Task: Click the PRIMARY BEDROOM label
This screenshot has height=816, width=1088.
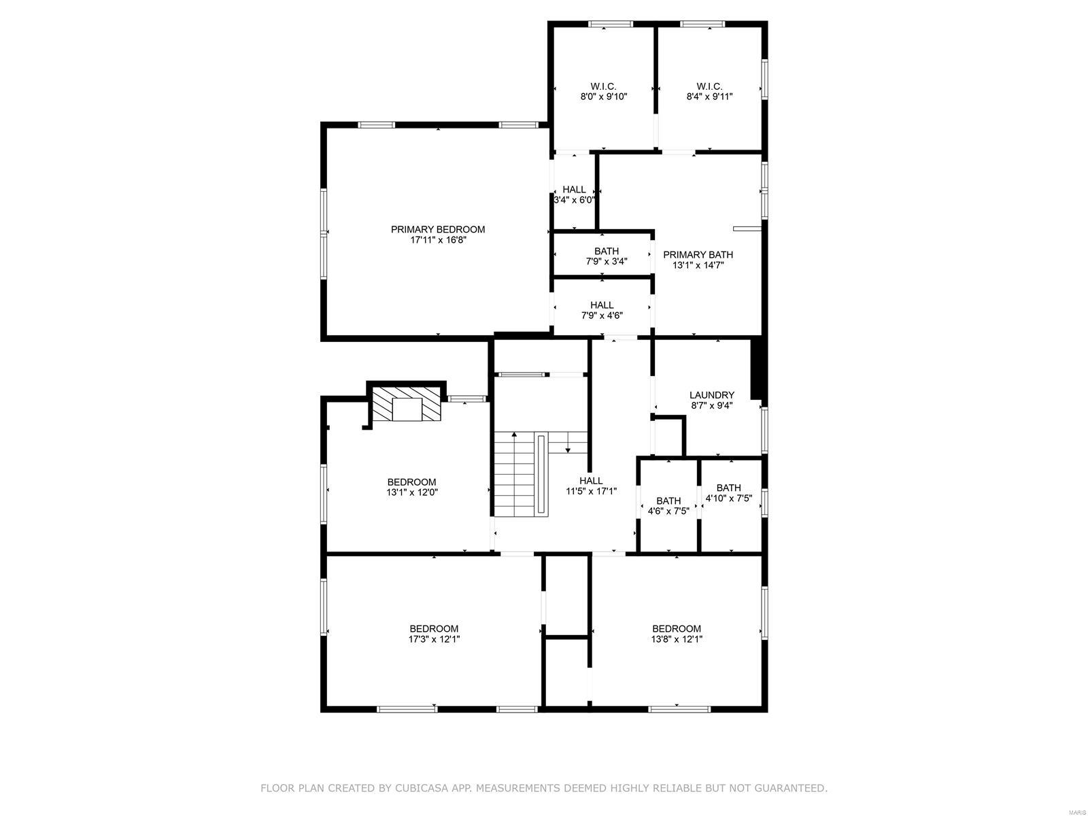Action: point(437,229)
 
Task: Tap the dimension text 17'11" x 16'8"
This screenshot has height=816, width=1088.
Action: point(437,240)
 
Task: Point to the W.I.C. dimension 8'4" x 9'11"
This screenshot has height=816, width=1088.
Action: point(709,97)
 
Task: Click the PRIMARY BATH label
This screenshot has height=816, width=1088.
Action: point(698,254)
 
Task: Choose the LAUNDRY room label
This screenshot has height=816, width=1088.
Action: point(711,394)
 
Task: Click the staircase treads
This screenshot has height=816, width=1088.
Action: point(514,476)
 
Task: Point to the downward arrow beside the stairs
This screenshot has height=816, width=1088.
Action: point(567,447)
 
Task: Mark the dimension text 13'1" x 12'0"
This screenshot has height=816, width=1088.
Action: point(411,492)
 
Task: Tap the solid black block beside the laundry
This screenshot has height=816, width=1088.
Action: point(757,369)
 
